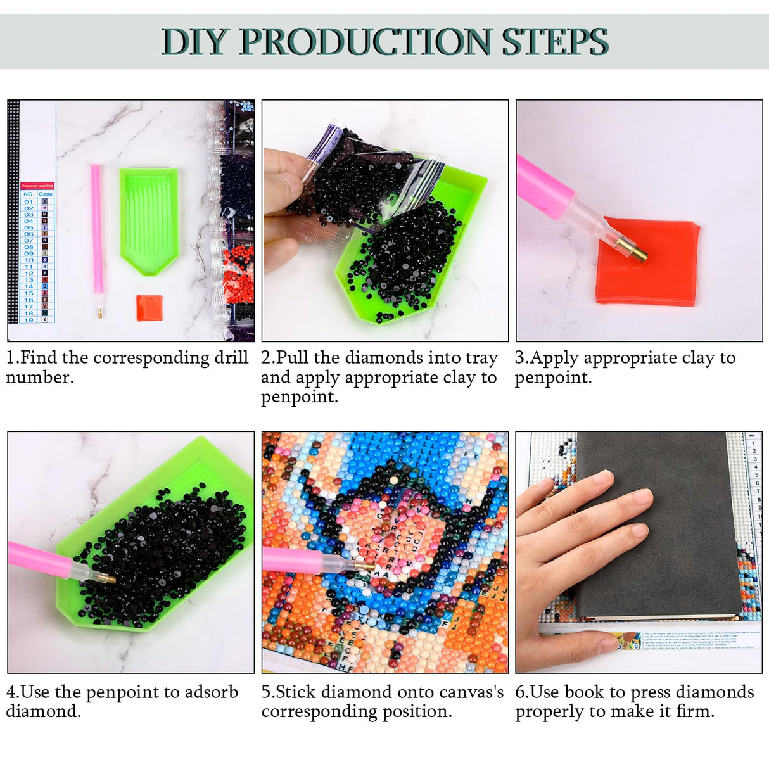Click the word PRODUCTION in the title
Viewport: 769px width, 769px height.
(365, 42)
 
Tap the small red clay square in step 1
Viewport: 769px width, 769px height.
(149, 307)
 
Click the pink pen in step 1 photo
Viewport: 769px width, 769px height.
(96, 234)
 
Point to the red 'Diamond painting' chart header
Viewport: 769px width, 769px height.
(37, 186)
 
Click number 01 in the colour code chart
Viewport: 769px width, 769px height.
(29, 201)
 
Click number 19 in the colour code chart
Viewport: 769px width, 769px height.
(29, 320)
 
